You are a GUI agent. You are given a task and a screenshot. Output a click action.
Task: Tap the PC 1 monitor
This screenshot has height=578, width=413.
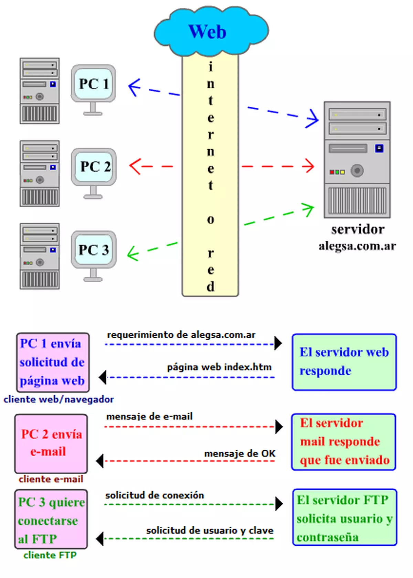point(93,84)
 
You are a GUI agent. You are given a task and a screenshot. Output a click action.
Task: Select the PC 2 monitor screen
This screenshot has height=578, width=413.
point(94,167)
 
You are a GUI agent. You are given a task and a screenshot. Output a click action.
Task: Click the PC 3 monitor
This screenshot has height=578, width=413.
point(94,250)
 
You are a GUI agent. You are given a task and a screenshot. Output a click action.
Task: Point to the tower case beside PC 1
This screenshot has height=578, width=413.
point(40,91)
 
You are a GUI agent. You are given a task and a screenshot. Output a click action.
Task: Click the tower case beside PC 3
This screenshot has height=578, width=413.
point(40,256)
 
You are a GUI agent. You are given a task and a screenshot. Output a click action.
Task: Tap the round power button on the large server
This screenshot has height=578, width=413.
point(357,170)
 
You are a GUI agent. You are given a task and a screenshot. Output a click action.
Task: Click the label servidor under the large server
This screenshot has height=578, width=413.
point(358,229)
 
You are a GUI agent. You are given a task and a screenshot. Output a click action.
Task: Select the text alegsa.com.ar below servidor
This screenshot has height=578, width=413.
point(357,246)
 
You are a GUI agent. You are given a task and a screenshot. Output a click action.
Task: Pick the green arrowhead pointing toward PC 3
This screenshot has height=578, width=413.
point(133,254)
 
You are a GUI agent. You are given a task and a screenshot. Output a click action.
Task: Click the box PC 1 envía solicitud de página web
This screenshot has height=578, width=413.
point(53,362)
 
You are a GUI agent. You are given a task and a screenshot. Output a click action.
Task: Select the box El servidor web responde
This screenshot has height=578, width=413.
point(344,362)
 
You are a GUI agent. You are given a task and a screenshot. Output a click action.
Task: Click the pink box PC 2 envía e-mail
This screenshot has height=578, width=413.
point(51,443)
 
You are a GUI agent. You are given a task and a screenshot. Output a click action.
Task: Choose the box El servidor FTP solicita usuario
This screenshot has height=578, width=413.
point(345,517)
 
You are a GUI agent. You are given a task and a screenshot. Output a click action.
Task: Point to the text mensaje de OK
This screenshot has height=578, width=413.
point(240,454)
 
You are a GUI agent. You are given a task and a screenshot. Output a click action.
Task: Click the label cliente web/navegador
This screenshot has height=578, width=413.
point(59,399)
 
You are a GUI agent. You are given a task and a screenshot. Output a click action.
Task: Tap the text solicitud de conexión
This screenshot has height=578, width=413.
point(155,495)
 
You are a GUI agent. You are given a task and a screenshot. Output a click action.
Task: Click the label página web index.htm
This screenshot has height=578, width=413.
point(219,367)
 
